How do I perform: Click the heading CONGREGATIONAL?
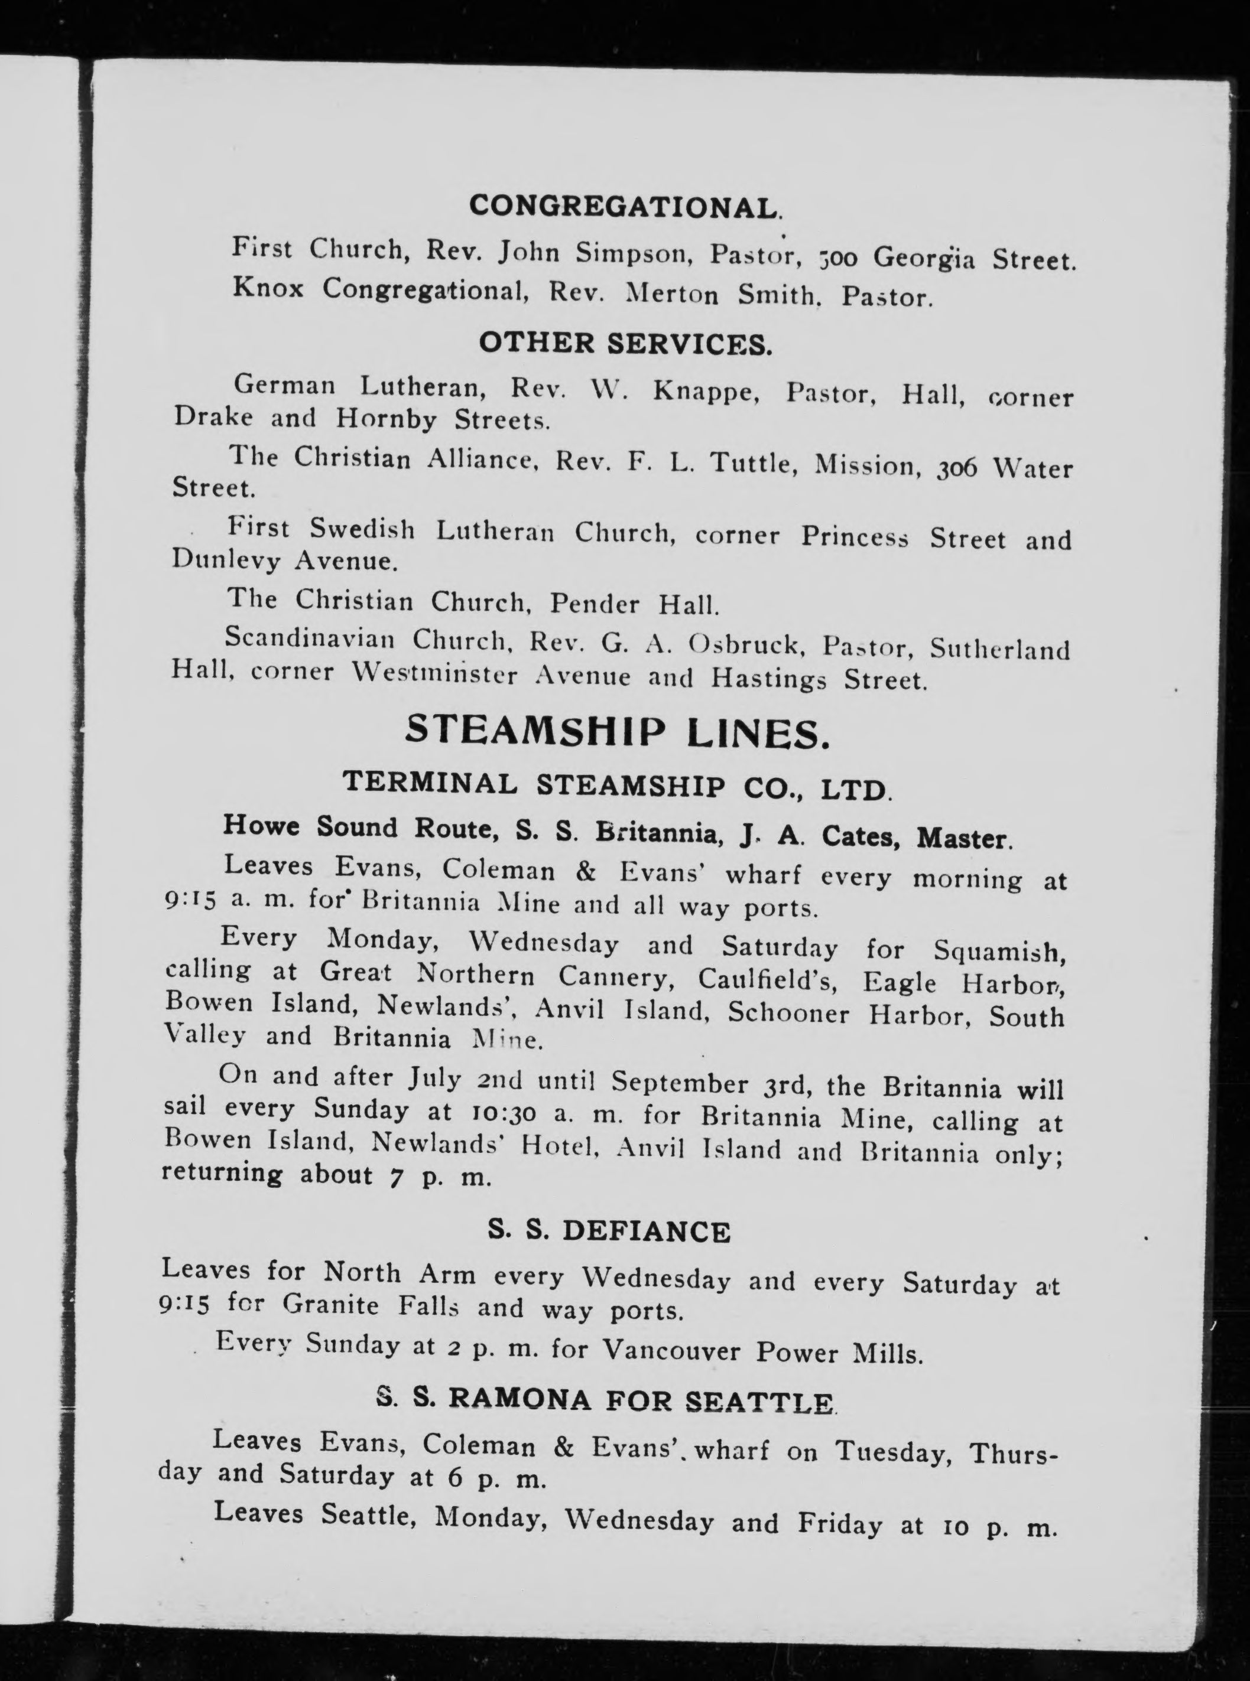(x=625, y=207)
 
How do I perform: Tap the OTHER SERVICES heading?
(x=625, y=344)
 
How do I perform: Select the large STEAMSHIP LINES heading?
(x=616, y=732)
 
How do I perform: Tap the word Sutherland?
(x=999, y=649)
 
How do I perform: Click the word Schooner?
(x=789, y=1014)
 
